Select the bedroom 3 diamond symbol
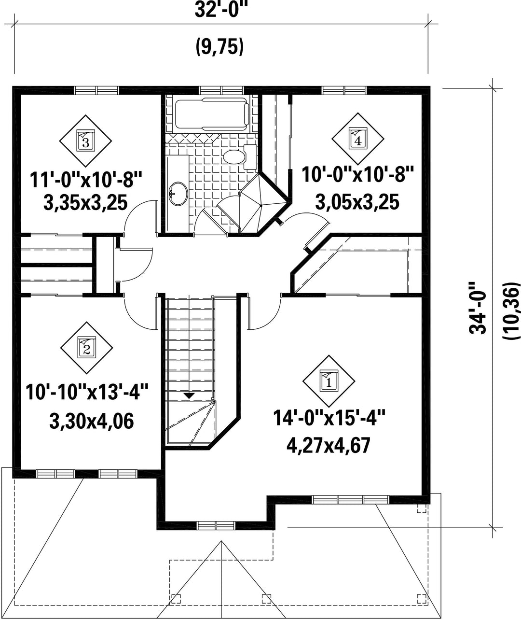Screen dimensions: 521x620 coord(85,141)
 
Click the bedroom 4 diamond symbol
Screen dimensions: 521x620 coord(358,139)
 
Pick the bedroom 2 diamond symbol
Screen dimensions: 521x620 coord(86,348)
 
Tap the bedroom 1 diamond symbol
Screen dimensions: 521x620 coord(329,381)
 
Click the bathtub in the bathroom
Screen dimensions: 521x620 coord(212,114)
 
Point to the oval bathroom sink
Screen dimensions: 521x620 coord(178,193)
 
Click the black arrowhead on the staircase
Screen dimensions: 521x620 coord(189,395)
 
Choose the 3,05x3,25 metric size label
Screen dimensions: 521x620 coord(357,202)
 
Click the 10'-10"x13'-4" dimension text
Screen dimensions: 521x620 coord(87,392)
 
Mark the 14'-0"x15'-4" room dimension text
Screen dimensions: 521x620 coord(329,418)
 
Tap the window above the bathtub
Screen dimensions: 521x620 coord(221,90)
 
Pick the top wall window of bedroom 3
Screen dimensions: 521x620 coord(96,90)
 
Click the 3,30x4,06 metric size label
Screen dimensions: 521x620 coord(91,422)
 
